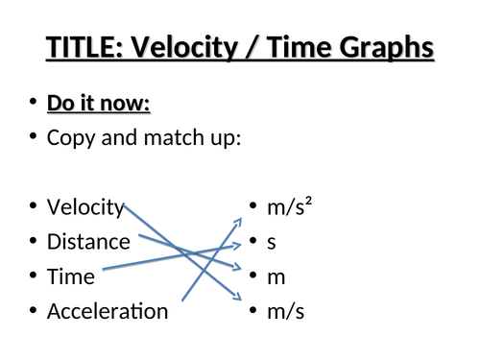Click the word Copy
[69, 137]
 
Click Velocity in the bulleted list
[85, 207]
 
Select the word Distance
[88, 242]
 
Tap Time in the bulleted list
[71, 276]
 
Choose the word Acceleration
[108, 311]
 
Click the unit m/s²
[290, 207]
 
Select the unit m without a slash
[276, 276]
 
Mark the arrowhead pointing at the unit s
[237, 247]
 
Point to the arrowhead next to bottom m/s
[237, 299]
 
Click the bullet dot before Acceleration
[34, 311]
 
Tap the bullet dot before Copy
[34, 137]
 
